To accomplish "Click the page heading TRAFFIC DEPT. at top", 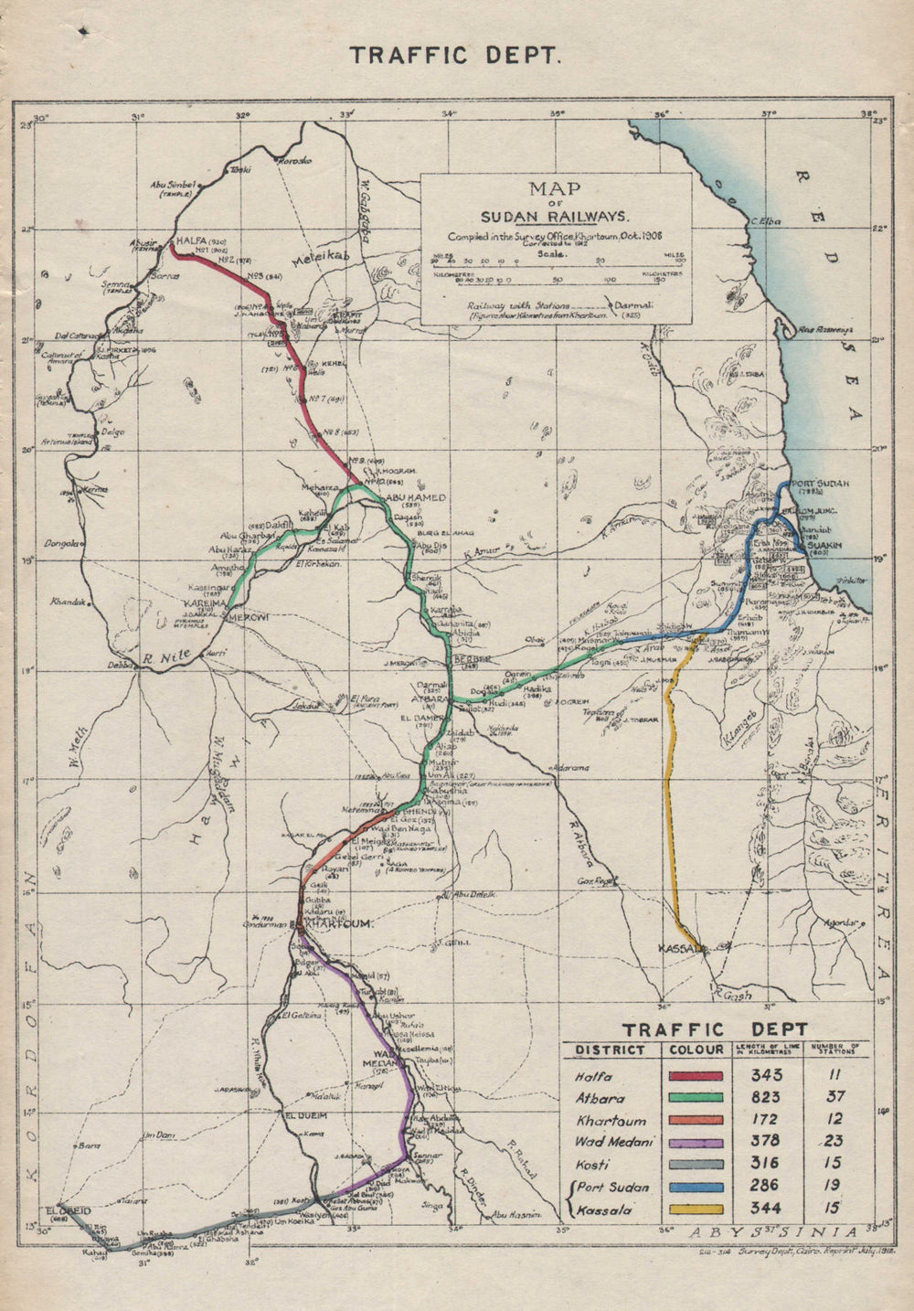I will (454, 55).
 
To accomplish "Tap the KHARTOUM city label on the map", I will (341, 925).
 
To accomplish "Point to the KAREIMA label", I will (206, 604).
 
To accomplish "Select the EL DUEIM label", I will (307, 1116).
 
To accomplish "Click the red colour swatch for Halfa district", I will (696, 1076).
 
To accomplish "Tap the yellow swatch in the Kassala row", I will (696, 1210).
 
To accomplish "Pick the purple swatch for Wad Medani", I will (696, 1142).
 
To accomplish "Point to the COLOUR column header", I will (696, 1050).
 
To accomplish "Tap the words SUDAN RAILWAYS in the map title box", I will (556, 217).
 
